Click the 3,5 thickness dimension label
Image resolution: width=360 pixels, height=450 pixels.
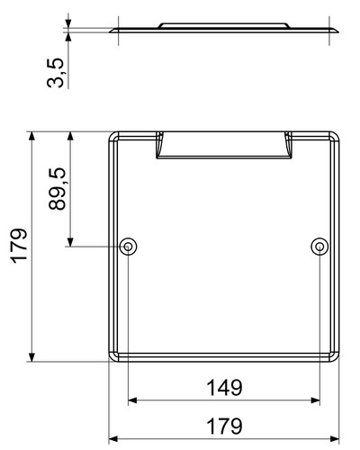pos(56,73)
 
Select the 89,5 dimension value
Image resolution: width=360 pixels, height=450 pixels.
pos(57,189)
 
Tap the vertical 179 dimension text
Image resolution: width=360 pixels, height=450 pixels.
pos(20,247)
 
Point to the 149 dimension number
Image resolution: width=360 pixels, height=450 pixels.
pos(224,388)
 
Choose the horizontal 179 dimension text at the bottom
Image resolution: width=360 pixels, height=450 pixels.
pos(224,426)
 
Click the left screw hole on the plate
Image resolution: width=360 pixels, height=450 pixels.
pos(128,247)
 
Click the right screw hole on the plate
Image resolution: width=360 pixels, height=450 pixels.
pos(319,247)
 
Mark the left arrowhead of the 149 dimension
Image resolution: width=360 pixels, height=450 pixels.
pos(132,400)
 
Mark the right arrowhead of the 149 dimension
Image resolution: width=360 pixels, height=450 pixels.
pos(316,400)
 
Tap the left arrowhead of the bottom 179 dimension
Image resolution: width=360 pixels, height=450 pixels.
pos(112,439)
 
